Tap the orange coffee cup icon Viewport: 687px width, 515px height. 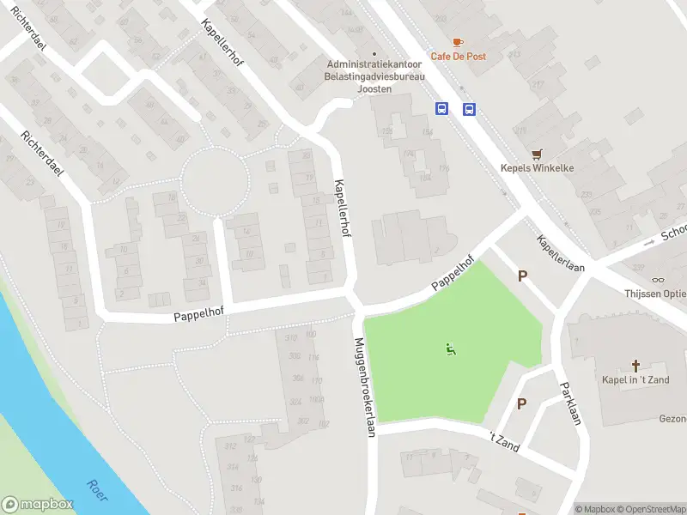pos(457,41)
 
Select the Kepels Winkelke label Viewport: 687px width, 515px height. pos(538,168)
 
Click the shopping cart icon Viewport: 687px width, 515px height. pos(538,154)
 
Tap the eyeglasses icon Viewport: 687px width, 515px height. pos(659,279)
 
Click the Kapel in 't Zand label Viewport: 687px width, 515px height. pos(636,379)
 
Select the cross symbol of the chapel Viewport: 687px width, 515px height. pos(636,366)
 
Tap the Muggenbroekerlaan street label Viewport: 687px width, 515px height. pos(365,387)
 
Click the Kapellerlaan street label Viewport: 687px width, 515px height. pos(561,254)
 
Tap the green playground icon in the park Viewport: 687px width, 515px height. pos(450,349)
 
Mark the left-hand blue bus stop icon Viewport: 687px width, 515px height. pos(441,109)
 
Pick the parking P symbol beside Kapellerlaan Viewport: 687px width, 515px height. pos(521,276)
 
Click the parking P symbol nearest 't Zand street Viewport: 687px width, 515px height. pos(521,403)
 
